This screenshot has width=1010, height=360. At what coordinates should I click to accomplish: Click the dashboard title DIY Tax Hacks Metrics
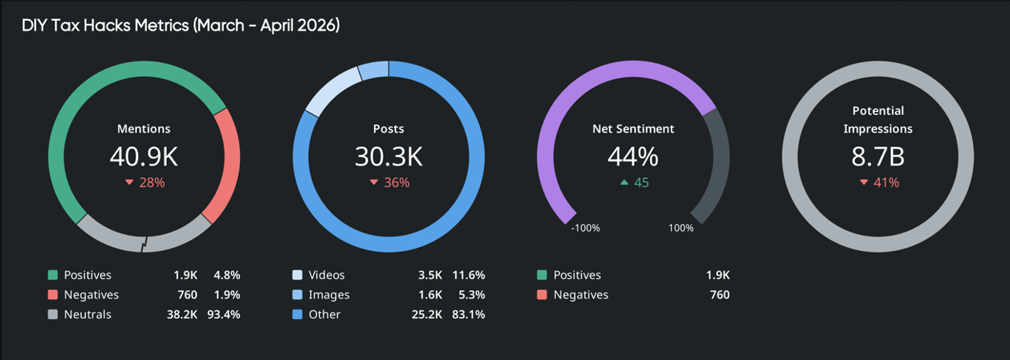(180, 26)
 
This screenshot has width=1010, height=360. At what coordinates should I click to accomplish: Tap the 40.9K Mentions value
(144, 157)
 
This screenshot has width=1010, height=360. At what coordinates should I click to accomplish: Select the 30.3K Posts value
(389, 157)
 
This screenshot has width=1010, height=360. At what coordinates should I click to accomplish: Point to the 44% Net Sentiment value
(633, 157)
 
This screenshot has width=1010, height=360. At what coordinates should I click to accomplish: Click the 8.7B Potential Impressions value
(878, 157)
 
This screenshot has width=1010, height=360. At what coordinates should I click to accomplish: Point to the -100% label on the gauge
(585, 228)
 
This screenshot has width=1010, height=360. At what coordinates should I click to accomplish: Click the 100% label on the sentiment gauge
(681, 228)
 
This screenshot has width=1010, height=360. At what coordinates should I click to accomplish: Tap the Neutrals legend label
(88, 315)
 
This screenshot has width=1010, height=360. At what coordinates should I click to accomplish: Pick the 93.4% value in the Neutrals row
(226, 315)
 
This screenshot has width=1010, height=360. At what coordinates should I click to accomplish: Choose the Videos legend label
(326, 275)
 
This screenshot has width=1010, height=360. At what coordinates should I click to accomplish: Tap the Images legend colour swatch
(297, 295)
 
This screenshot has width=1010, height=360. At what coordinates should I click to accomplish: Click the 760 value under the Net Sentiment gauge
(719, 295)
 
